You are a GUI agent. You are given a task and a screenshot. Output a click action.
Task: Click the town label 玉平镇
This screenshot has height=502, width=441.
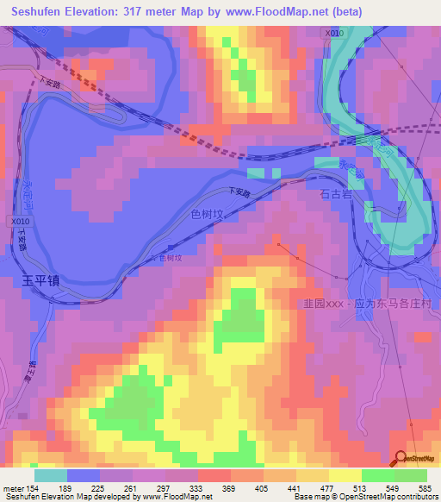tap(40, 281)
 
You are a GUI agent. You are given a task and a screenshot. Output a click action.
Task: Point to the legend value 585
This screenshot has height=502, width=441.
tap(424, 487)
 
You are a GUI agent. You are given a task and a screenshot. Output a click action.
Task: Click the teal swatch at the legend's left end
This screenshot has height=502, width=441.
tap(50, 474)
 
